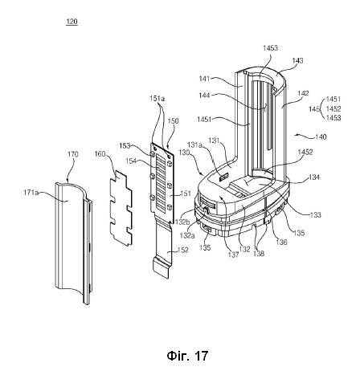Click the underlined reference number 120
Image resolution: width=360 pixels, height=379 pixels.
tap(72, 22)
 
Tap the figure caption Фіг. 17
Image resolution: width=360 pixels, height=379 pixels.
tap(187, 356)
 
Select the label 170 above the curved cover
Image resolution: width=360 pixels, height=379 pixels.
tap(73, 154)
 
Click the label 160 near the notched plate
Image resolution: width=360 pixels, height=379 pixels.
tap(100, 154)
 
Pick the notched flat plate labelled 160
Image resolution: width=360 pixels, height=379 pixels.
tap(121, 208)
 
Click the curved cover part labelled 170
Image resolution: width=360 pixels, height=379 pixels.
tap(74, 241)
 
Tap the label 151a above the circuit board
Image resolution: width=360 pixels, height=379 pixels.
tap(157, 99)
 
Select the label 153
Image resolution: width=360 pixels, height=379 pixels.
tap(125, 146)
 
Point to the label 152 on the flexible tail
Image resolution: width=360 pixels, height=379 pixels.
tap(183, 250)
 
